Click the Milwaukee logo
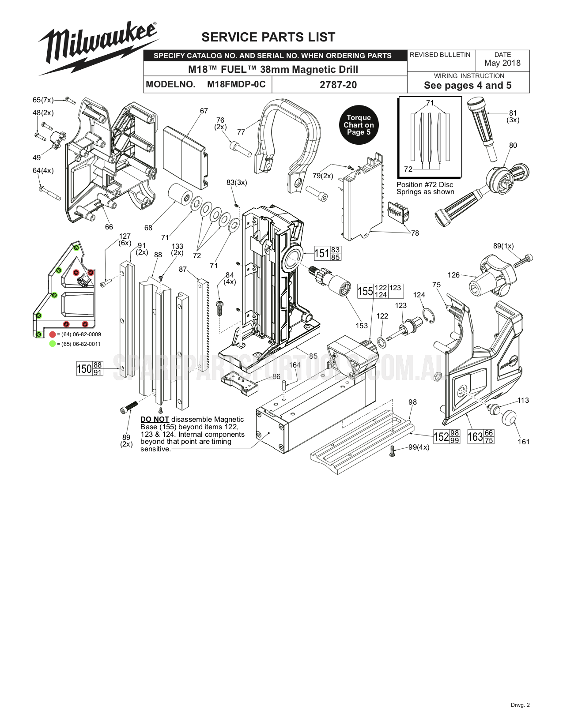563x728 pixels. pyautogui.click(x=98, y=48)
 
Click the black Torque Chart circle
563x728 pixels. pyautogui.click(x=359, y=125)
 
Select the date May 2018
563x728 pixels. pyautogui.click(x=503, y=63)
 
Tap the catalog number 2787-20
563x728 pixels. pyautogui.click(x=338, y=85)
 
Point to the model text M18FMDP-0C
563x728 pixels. pyautogui.click(x=236, y=84)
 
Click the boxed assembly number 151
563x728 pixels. pyautogui.click(x=322, y=253)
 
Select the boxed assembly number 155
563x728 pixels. pyautogui.click(x=365, y=291)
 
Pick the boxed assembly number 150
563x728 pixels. pyautogui.click(x=84, y=368)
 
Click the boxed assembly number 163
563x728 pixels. pyautogui.click(x=475, y=437)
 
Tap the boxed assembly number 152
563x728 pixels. pyautogui.click(x=441, y=437)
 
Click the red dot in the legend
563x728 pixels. pyautogui.click(x=53, y=334)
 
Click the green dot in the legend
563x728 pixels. pyautogui.click(x=53, y=344)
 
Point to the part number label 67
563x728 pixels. pyautogui.click(x=204, y=111)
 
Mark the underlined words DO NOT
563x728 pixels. pyautogui.click(x=155, y=420)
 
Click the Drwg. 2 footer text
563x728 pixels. pyautogui.click(x=520, y=705)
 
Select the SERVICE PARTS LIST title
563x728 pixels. pyautogui.click(x=268, y=37)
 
